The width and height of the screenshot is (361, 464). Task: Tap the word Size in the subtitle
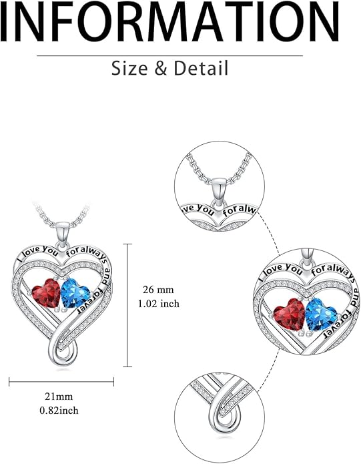pyautogui.click(x=129, y=68)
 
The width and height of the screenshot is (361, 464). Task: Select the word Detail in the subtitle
pyautogui.click(x=201, y=68)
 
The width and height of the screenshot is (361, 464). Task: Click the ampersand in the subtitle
pyautogui.click(x=161, y=68)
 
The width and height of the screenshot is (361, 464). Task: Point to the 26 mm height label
pyautogui.click(x=158, y=289)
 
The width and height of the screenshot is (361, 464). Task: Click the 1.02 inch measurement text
pyautogui.click(x=159, y=304)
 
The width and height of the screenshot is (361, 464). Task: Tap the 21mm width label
pyautogui.click(x=59, y=396)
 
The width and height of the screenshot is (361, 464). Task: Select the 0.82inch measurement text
pyautogui.click(x=59, y=411)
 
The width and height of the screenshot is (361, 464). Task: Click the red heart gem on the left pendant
pyautogui.click(x=46, y=293)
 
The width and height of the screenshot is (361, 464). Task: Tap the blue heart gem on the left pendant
pyautogui.click(x=75, y=293)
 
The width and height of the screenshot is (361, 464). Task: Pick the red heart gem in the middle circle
pyautogui.click(x=290, y=314)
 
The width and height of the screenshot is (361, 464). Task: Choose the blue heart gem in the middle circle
pyautogui.click(x=321, y=314)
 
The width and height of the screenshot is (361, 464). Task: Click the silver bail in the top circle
pyautogui.click(x=220, y=192)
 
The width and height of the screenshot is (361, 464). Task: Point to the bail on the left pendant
pyautogui.click(x=63, y=234)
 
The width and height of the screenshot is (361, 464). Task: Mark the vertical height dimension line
pyautogui.click(x=127, y=305)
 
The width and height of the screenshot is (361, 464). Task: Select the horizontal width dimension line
pyautogui.click(x=61, y=382)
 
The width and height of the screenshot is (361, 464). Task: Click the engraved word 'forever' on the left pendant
pyautogui.click(x=89, y=300)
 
